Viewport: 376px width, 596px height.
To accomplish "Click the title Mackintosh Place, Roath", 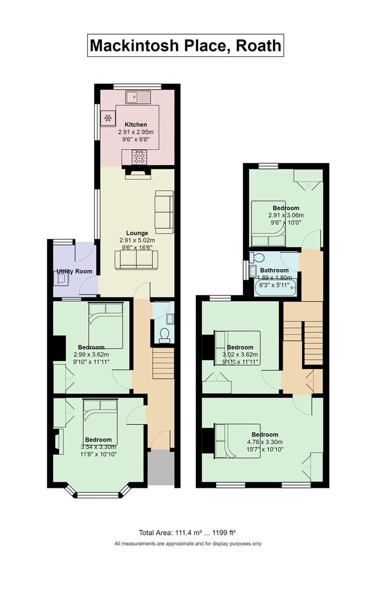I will click(185, 45).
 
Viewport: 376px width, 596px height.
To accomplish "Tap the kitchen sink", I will click(138, 97).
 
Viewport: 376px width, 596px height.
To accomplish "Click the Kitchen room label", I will click(135, 125).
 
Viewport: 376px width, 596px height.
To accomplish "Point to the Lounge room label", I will click(137, 233).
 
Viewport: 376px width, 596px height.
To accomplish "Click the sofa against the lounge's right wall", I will click(164, 211).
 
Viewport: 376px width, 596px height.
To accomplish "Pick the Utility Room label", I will click(74, 272).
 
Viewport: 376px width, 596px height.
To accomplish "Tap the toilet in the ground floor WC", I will click(164, 334).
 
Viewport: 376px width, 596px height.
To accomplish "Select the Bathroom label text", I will click(274, 270).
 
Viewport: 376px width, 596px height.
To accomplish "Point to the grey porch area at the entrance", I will click(161, 468).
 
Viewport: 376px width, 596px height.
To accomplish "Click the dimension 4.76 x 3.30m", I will click(265, 442).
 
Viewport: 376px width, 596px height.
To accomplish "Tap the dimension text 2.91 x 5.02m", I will click(137, 241).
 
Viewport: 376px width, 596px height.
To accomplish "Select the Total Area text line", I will click(187, 533).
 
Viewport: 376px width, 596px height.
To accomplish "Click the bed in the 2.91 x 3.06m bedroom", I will click(268, 223).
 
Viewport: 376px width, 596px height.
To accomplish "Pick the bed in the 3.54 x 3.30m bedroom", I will click(100, 422).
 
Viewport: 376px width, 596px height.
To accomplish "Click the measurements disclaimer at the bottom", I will click(188, 544).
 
